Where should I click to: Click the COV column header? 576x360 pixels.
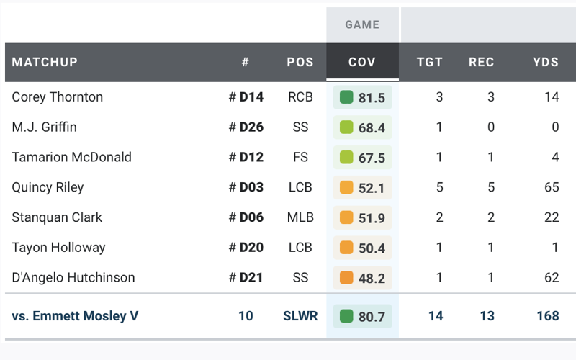pyautogui.click(x=362, y=62)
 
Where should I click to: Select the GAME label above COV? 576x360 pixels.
pyautogui.click(x=362, y=24)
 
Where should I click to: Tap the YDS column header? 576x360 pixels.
pyautogui.click(x=546, y=62)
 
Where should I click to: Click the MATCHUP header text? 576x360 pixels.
pyautogui.click(x=45, y=62)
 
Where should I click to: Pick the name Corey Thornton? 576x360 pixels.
pyautogui.click(x=58, y=97)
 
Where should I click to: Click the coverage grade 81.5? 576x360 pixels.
pyautogui.click(x=372, y=97)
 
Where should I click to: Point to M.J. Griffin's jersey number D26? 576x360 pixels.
pyautogui.click(x=251, y=127)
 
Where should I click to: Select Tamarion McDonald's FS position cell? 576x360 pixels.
pyautogui.click(x=300, y=157)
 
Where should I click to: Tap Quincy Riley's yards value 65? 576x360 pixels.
pyautogui.click(x=552, y=187)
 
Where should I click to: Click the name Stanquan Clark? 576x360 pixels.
pyautogui.click(x=58, y=217)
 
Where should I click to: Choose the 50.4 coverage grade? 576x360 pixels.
pyautogui.click(x=372, y=248)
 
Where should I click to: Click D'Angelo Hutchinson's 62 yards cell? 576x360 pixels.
pyautogui.click(x=552, y=277)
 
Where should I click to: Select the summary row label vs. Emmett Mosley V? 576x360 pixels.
pyautogui.click(x=76, y=316)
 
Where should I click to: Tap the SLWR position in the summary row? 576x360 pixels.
pyautogui.click(x=300, y=316)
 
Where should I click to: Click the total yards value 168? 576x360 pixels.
pyautogui.click(x=547, y=316)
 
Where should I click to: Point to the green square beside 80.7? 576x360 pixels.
pyautogui.click(x=346, y=316)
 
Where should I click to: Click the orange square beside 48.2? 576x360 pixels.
pyautogui.click(x=346, y=277)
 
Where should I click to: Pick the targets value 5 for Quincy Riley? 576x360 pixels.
pyautogui.click(x=439, y=187)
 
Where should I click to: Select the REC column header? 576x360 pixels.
pyautogui.click(x=482, y=62)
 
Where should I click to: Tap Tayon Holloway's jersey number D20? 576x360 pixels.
pyautogui.click(x=251, y=248)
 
